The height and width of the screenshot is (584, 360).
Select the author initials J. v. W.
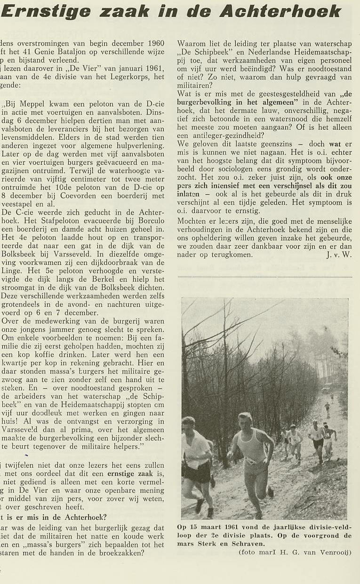[338, 255]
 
